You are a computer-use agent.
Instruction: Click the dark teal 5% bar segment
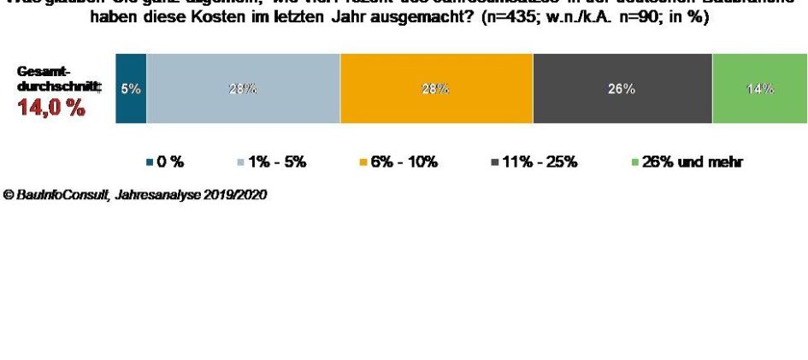(x=131, y=89)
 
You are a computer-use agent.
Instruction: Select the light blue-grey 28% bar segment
(x=243, y=89)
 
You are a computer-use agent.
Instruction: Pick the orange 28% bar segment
(x=436, y=89)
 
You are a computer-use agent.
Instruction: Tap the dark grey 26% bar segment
(x=622, y=89)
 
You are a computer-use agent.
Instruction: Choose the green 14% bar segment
(x=759, y=89)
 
